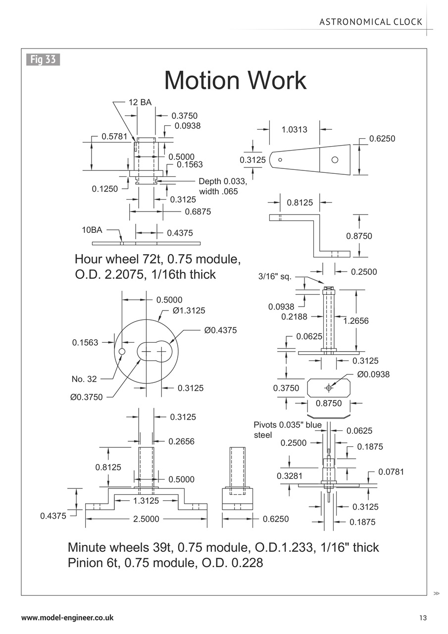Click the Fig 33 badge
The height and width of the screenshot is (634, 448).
pos(43,59)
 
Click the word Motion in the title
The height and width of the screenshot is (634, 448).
pos(202,80)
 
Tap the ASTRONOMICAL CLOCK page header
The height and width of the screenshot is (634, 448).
pos(371,22)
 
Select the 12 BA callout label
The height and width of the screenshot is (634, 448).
pos(140,103)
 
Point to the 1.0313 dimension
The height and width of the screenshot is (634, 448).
pos(294,130)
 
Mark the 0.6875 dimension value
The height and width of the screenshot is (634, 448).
pos(198,211)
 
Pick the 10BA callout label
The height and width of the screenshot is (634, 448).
pos(92,230)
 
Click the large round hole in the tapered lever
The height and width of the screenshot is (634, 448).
pos(335,159)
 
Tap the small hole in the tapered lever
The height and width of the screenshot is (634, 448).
pos(280,159)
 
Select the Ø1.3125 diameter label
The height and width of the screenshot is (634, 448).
pos(189,311)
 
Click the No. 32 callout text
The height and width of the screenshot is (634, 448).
pos(84,379)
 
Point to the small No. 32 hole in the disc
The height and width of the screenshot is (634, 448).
pos(122,351)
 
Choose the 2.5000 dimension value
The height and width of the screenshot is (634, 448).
pos(146,519)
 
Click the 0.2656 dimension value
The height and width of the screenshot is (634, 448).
pos(181,441)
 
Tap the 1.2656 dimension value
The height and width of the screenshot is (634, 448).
pos(356,321)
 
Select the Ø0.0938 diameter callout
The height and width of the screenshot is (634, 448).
pos(373,374)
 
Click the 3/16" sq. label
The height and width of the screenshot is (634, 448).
pos(275,276)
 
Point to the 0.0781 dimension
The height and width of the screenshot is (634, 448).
pos(391,472)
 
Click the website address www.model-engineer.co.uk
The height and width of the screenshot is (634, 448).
pos(67,618)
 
